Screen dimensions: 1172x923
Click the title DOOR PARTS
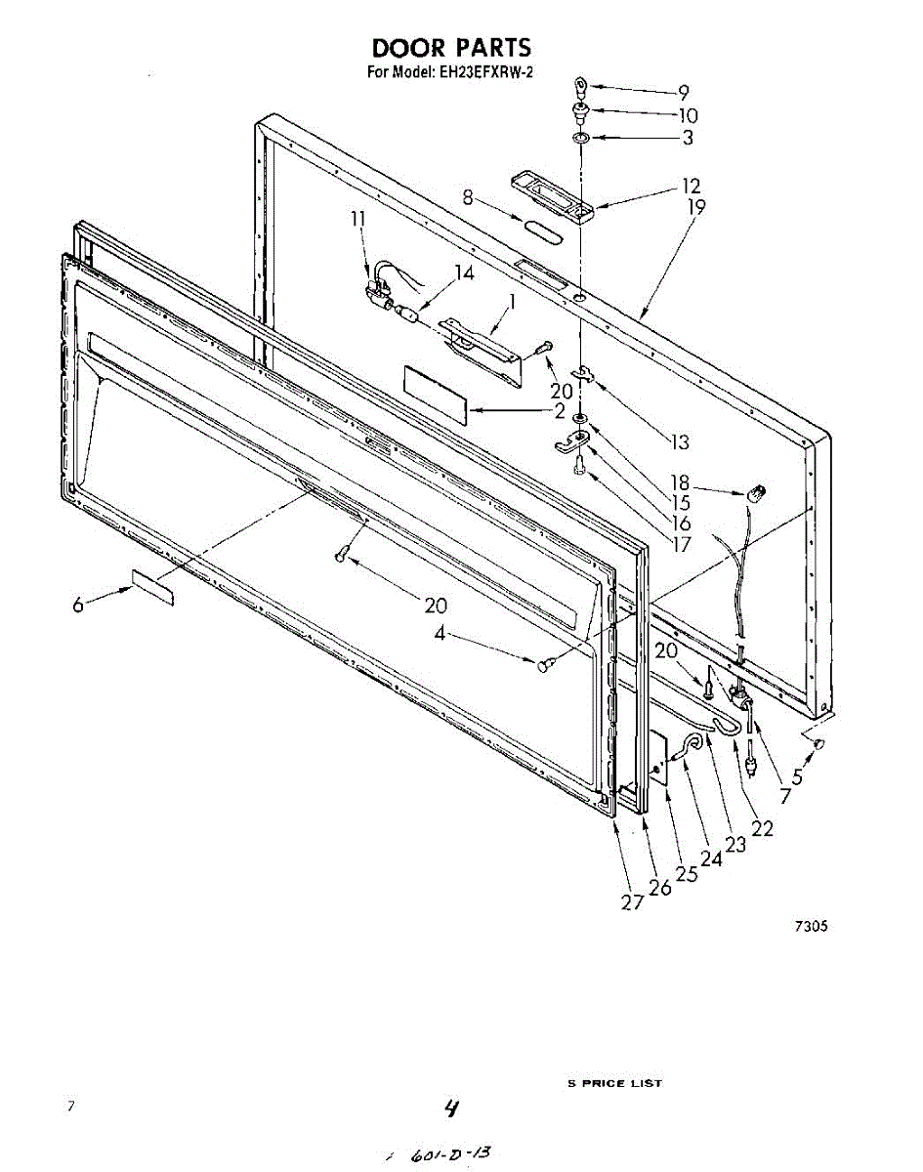coord(450,47)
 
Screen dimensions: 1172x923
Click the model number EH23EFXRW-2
coord(484,71)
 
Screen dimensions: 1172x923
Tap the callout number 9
coord(684,93)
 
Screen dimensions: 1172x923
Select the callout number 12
coord(691,186)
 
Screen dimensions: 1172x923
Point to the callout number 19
coord(695,206)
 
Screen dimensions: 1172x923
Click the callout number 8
coord(469,198)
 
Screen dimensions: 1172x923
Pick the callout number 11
coord(358,220)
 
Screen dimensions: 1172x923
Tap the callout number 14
coord(464,274)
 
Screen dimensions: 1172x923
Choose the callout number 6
coord(77,606)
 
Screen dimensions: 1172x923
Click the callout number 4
coord(441,633)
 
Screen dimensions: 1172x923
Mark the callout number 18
coord(679,482)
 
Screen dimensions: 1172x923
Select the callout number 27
coord(632,901)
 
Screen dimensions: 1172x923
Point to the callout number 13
coord(680,442)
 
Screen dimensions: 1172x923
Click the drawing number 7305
coord(810,927)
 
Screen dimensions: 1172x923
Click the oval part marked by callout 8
coord(544,231)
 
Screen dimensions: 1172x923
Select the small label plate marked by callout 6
coord(151,589)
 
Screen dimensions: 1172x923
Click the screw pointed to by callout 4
coord(545,664)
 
